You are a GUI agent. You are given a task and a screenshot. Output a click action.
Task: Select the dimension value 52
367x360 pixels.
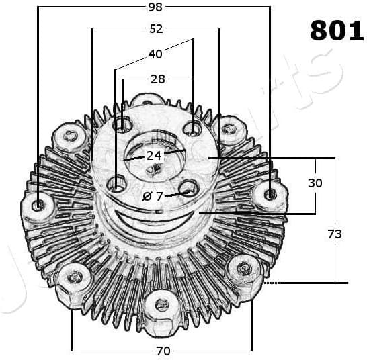[156, 29]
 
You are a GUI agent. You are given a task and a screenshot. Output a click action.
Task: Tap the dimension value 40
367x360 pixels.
[155, 54]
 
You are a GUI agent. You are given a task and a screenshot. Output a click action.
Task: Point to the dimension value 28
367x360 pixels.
[158, 79]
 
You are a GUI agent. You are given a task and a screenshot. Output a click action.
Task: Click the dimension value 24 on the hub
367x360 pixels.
[155, 155]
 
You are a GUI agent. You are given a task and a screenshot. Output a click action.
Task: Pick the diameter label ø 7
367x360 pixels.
[155, 196]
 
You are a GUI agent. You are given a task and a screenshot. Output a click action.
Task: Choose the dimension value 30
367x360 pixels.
[315, 183]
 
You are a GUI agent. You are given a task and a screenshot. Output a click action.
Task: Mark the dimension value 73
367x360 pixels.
[334, 234]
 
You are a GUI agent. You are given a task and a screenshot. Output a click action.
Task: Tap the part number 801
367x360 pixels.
[337, 31]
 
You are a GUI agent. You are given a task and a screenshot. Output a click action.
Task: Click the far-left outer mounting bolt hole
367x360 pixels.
[38, 203]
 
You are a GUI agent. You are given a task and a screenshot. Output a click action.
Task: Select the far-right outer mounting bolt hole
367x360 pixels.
[270, 194]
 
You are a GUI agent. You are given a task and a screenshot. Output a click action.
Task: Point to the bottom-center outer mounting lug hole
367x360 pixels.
[161, 304]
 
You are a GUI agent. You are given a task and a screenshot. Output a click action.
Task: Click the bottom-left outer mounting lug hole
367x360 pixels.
[75, 276]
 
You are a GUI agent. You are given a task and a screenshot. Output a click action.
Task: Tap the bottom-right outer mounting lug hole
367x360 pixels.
[245, 269]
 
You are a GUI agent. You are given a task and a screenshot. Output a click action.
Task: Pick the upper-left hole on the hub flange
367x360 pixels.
[122, 124]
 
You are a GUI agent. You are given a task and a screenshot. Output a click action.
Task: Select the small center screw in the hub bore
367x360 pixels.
[155, 168]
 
